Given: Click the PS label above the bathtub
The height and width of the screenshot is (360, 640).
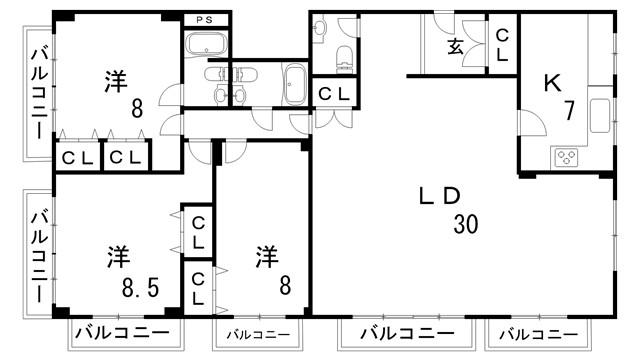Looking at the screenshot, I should (208, 19).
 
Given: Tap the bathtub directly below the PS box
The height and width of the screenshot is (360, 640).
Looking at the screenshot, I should (207, 44).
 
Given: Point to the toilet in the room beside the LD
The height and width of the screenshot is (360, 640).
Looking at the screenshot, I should (344, 55).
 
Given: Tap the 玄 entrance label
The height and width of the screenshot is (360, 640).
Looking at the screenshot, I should (455, 45).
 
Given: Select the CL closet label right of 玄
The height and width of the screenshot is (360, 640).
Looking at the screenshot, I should (503, 45).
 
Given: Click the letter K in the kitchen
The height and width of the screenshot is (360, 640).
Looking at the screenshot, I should (550, 84).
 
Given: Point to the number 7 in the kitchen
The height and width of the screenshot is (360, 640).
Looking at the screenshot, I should (568, 111).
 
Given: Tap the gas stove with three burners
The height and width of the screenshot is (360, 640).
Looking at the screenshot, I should (567, 157).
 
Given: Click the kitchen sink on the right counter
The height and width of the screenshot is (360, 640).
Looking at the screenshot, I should (600, 116).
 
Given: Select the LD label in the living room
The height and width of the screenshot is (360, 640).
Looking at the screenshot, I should (438, 196).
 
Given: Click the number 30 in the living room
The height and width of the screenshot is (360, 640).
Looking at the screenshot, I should (465, 225).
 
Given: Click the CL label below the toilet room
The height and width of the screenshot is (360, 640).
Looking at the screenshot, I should (333, 94).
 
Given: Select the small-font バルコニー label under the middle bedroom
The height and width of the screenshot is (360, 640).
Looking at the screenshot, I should (257, 334).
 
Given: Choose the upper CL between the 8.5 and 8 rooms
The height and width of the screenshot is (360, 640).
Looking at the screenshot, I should (198, 232).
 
